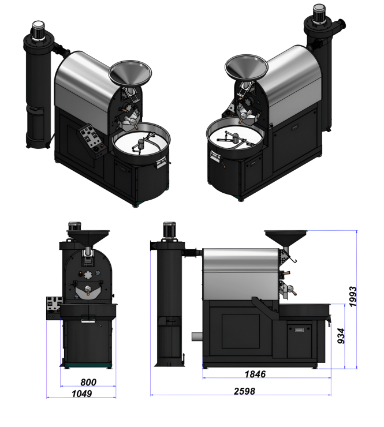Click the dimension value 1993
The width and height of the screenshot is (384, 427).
click(x=353, y=297)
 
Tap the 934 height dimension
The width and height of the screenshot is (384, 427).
click(x=341, y=336)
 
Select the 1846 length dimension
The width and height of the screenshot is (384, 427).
click(x=255, y=374)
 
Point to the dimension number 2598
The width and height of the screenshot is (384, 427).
click(x=244, y=391)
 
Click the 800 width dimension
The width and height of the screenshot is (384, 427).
click(x=88, y=383)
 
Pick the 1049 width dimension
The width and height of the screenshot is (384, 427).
click(x=81, y=394)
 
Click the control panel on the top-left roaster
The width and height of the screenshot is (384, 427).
click(x=91, y=139)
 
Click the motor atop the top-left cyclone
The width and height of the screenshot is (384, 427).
click(x=39, y=30)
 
